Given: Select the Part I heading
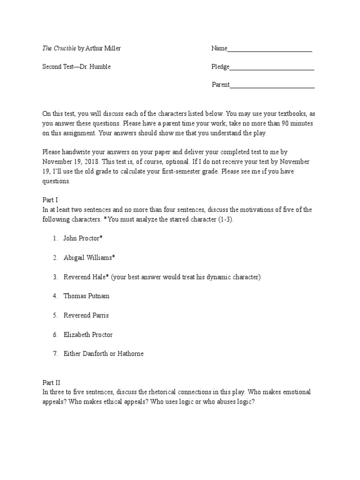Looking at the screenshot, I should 50,200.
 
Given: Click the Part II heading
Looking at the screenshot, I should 51,382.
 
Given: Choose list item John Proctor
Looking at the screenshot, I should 82,238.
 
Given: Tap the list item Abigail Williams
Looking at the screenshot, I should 89,257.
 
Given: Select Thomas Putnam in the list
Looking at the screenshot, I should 87,296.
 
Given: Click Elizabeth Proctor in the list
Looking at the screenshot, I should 88,335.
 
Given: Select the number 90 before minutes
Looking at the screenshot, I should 286,123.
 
